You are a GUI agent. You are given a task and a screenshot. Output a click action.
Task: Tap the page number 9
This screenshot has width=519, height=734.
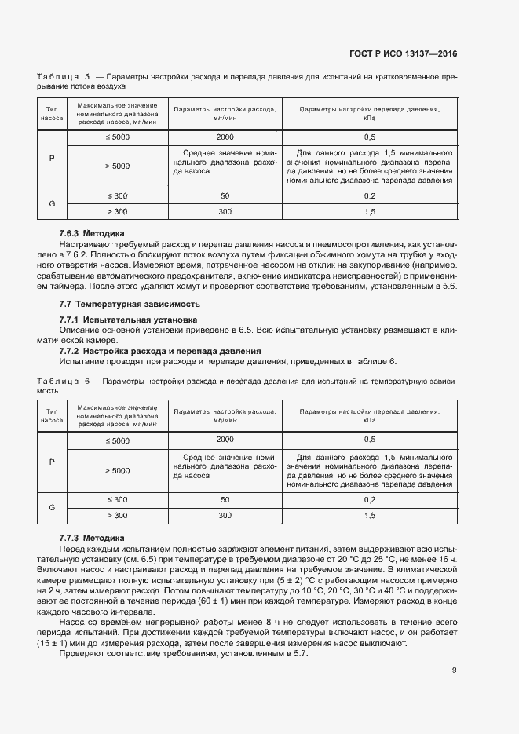click(454, 670)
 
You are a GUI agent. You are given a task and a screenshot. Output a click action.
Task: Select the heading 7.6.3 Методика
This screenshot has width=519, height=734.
click(92, 233)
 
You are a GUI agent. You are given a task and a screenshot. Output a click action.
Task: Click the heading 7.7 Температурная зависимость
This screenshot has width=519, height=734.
click(130, 303)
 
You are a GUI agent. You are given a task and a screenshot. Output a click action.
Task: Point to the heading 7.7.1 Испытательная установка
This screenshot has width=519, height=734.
click(128, 320)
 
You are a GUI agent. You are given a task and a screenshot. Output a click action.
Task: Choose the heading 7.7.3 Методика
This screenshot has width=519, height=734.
click(92, 538)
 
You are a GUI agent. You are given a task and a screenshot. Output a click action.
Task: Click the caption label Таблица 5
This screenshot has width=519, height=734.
click(62, 77)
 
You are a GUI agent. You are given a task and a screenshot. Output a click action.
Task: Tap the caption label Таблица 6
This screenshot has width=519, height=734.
click(62, 381)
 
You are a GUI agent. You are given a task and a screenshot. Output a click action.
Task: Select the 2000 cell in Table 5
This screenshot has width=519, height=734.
click(225, 137)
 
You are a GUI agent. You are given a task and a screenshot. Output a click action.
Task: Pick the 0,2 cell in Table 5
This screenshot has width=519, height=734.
click(370, 195)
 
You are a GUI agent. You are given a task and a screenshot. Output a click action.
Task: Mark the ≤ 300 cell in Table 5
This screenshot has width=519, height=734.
click(116, 195)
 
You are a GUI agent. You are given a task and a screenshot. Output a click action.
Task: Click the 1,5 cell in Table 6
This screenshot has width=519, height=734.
click(370, 515)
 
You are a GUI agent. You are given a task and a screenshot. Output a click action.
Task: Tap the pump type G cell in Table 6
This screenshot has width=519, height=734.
click(52, 507)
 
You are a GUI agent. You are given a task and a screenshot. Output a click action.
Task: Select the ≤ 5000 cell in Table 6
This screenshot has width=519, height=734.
click(116, 440)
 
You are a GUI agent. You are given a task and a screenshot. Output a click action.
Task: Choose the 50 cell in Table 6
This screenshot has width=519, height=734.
click(225, 499)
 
